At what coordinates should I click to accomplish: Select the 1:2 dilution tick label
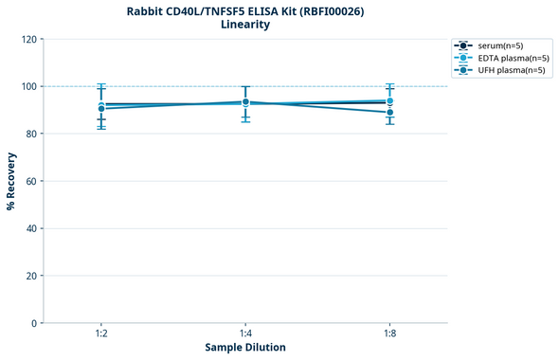(101, 334)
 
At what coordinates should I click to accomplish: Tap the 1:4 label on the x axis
(245, 334)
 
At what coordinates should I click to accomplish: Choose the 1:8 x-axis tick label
(389, 334)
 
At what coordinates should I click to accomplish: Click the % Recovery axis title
(11, 181)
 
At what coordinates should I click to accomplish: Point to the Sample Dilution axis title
(245, 348)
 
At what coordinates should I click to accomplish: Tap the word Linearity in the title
(245, 25)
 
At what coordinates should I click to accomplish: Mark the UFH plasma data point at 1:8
(389, 113)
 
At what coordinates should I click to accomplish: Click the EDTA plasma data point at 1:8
(389, 100)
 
